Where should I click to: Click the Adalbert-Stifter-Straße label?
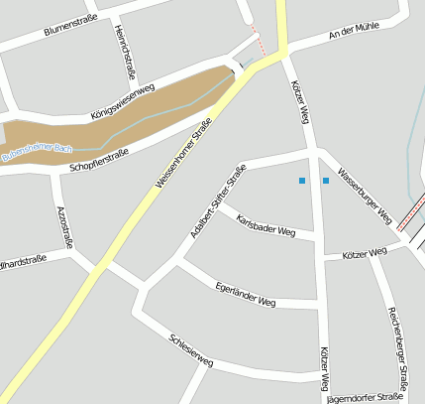217,203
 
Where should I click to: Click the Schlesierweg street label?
191,348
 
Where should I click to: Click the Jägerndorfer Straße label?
380,397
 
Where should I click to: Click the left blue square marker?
302,181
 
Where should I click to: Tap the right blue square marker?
325,181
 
